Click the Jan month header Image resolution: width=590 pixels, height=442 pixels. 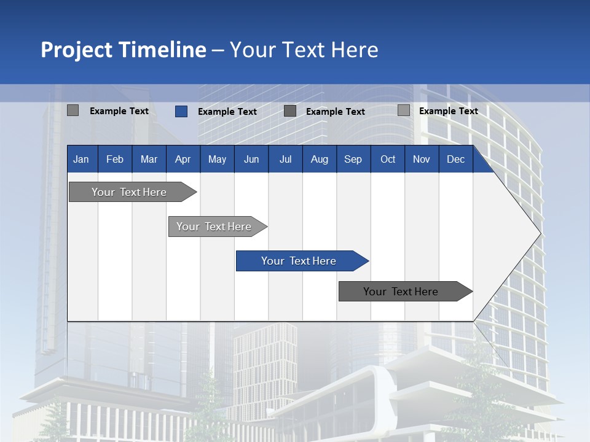82,159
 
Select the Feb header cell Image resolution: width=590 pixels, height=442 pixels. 115,159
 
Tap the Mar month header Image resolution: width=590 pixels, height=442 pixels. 149,159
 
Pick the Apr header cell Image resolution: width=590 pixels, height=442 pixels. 183,159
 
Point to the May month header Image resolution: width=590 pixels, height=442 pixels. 217,159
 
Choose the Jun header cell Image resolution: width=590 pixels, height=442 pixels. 251,159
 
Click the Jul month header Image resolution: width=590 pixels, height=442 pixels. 285,159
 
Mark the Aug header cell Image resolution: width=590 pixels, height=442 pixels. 319,159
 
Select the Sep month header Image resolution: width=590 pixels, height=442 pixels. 353,159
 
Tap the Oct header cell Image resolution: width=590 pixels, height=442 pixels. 388,159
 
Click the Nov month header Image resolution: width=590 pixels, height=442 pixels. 422,159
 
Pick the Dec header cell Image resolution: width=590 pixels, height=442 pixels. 456,159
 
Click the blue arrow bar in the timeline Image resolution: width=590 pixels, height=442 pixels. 299,261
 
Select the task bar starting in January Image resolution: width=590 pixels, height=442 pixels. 130,192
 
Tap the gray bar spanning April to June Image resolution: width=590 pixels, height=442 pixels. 214,227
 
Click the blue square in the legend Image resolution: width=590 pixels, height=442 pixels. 181,111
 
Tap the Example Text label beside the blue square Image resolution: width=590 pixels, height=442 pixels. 227,112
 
